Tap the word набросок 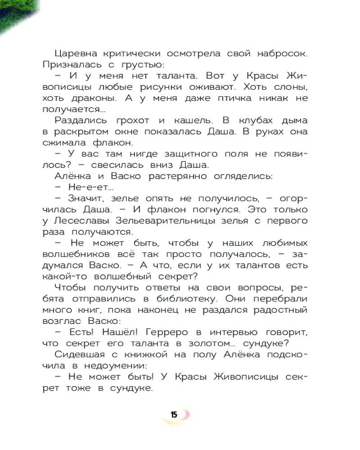pyautogui.click(x=280, y=54)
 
